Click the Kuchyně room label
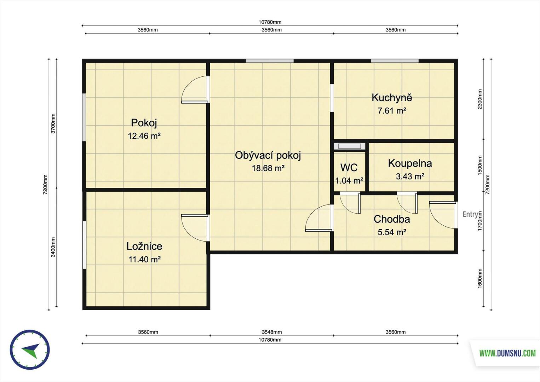click(392, 98)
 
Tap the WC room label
click(349, 168)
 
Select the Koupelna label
click(410, 163)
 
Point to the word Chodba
click(392, 219)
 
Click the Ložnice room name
click(144, 246)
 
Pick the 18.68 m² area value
click(268, 168)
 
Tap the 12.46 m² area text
click(144, 136)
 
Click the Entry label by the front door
click(470, 214)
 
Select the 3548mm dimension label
click(272, 332)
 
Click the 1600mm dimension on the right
click(480, 278)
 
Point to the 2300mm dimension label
click(480, 99)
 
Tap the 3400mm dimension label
click(53, 247)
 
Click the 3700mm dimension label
click(53, 123)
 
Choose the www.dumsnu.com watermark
click(507, 353)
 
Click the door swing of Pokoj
click(195, 89)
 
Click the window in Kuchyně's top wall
click(395, 61)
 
